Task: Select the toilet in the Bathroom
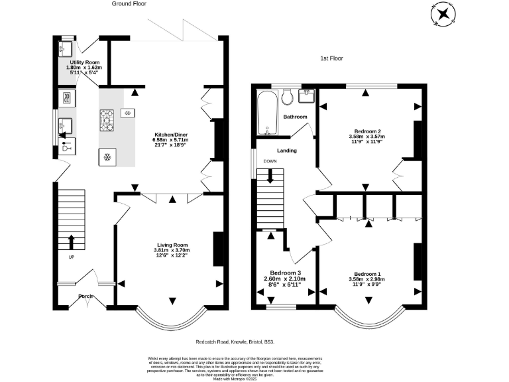[287, 98]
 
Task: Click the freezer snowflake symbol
[106, 157]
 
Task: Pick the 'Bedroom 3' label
[286, 273]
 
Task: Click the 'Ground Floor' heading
[129, 4]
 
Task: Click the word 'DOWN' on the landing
[270, 161]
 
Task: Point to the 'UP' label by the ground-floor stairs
[71, 257]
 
